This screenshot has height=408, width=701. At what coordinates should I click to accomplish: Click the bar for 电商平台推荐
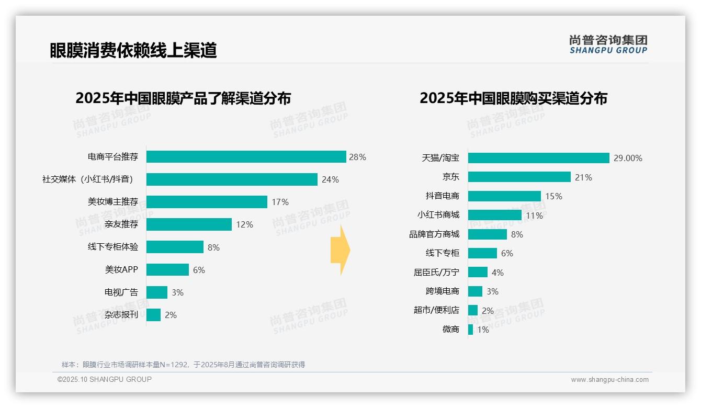click(x=246, y=157)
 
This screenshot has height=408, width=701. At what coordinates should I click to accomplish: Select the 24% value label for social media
click(x=330, y=179)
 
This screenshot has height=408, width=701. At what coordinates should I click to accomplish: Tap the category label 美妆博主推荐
click(x=113, y=202)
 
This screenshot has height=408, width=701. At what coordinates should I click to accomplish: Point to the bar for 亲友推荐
click(x=189, y=224)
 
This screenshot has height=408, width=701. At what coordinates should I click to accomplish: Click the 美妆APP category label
click(x=121, y=270)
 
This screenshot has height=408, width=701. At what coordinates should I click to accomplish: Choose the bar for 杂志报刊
click(x=153, y=315)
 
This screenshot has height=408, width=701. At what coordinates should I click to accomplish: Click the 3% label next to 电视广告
click(x=177, y=293)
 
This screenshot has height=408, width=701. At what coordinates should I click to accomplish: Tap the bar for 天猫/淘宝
click(x=538, y=158)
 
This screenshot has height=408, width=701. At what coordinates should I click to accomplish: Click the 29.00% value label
click(x=628, y=158)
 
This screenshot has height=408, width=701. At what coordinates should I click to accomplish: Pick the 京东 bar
click(x=519, y=177)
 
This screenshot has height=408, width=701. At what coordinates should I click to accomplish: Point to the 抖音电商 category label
click(x=442, y=196)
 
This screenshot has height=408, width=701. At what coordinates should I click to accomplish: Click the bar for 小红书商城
click(x=494, y=215)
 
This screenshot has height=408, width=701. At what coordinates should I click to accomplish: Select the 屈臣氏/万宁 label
click(x=436, y=273)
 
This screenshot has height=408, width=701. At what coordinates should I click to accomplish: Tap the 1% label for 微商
click(x=482, y=330)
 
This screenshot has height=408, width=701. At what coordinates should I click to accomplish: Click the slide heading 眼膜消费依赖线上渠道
click(x=133, y=50)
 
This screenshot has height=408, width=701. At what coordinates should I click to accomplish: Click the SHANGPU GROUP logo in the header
click(x=608, y=44)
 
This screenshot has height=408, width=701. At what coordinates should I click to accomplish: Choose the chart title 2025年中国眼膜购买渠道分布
click(x=513, y=98)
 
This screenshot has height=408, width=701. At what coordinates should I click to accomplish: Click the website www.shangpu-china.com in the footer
click(x=609, y=380)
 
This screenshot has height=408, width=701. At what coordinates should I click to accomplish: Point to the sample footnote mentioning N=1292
click(x=183, y=365)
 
